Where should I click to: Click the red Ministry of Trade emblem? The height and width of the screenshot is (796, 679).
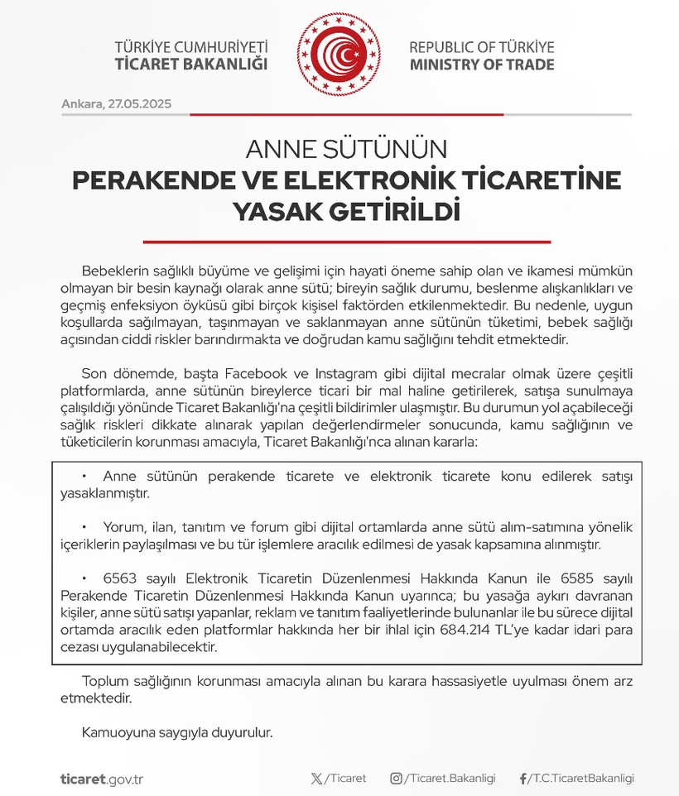[x=339, y=55]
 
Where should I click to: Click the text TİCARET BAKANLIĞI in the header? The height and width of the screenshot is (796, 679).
[x=191, y=65]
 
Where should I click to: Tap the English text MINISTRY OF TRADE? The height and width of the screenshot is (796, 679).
[x=482, y=65]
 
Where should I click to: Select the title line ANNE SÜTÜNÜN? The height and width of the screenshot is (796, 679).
[x=346, y=150]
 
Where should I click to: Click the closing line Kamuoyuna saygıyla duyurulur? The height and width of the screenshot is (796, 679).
[x=177, y=732]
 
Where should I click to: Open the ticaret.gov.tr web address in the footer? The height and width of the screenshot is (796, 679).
[x=102, y=779]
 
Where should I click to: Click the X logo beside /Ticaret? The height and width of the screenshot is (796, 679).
[x=315, y=779]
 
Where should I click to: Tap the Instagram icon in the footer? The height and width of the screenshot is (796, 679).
[x=397, y=779]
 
